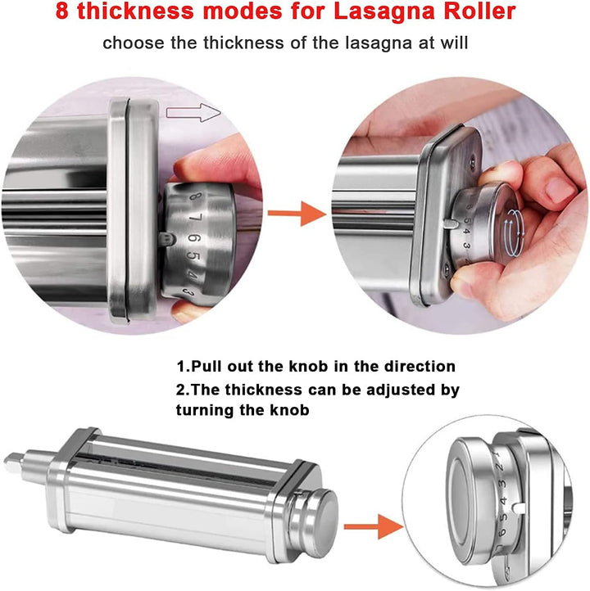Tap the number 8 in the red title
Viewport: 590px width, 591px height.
point(62,11)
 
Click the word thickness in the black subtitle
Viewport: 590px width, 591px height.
point(243,43)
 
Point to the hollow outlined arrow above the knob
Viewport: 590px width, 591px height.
point(193,113)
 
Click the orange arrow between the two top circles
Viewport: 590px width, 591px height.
point(297,214)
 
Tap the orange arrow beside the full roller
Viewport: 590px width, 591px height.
point(374,526)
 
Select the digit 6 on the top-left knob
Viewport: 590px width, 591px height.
point(195,238)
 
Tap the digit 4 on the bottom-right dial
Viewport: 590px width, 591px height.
point(503,501)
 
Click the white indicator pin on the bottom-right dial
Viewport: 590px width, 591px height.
point(518,508)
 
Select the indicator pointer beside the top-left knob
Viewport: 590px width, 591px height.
point(166,238)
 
